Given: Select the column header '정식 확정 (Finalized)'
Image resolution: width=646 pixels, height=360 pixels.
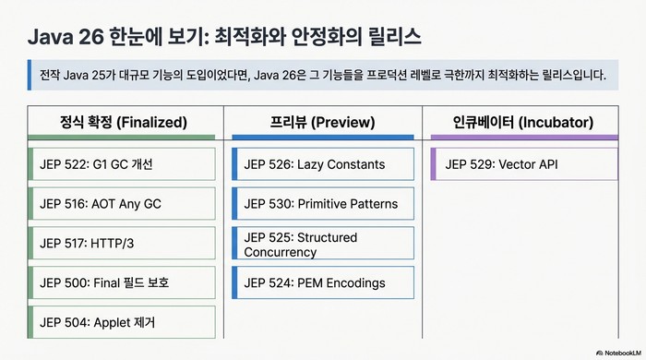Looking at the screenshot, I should click(123, 122).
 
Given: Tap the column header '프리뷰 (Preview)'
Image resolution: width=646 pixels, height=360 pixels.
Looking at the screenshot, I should click(322, 122).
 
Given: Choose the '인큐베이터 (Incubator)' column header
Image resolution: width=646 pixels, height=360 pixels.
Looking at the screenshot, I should click(523, 122).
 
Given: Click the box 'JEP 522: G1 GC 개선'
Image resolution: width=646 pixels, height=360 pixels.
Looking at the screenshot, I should click(123, 164).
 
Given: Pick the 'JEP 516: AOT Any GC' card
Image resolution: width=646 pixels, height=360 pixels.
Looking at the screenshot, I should click(123, 204).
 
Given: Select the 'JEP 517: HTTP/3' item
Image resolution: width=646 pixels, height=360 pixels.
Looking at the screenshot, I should click(123, 243).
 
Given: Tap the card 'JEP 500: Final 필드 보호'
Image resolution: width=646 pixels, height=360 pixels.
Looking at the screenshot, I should click(123, 282).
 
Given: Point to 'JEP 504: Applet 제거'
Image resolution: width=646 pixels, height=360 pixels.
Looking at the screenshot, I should click(123, 322).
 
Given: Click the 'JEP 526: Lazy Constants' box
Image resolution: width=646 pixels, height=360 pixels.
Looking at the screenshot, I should click(322, 164).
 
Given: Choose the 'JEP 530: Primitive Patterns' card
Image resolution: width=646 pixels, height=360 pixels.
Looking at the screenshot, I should click(322, 204).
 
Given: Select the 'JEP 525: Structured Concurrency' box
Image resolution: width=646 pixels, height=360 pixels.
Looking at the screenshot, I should click(322, 244).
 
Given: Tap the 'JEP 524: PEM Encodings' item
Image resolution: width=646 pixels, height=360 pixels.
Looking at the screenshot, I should click(322, 282).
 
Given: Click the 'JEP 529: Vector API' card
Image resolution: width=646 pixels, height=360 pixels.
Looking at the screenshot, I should click(523, 164).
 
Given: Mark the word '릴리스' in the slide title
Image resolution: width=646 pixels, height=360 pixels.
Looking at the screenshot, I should click(392, 36).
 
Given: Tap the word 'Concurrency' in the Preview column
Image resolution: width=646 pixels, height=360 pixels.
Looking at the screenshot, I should click(280, 252).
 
